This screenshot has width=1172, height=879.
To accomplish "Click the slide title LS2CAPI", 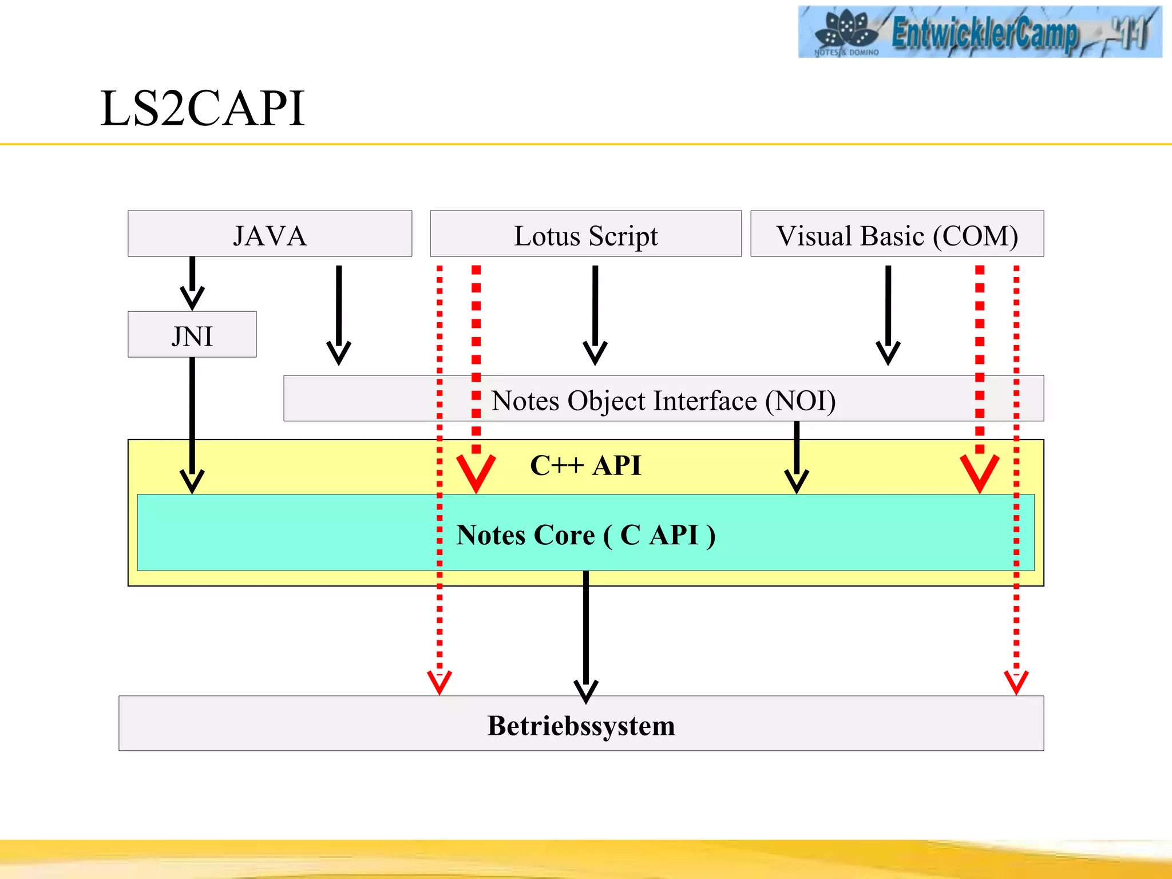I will point(202,108).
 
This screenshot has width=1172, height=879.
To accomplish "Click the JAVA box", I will point(270,234).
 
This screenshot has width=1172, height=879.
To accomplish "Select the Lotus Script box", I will point(585,234).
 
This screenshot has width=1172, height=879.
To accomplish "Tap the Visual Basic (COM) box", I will point(897,234).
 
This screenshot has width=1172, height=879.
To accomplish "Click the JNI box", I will point(192,335).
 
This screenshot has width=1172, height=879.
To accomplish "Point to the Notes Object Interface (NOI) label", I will point(663,400).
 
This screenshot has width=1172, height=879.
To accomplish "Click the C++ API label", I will point(585,465).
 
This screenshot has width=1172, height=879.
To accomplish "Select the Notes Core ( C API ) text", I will point(585,535).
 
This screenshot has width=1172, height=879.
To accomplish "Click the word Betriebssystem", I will point(581,725).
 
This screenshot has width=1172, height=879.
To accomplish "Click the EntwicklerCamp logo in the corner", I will point(979,31).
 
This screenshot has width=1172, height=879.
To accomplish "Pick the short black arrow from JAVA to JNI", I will point(192,284).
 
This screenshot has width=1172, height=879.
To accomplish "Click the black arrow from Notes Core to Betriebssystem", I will point(586,635).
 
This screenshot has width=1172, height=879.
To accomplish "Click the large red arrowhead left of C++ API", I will point(476,473).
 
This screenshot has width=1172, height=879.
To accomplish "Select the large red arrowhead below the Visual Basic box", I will point(980,473).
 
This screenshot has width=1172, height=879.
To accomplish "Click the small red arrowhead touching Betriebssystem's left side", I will point(439,682).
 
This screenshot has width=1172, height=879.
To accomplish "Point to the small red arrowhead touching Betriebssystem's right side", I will point(1016,682).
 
